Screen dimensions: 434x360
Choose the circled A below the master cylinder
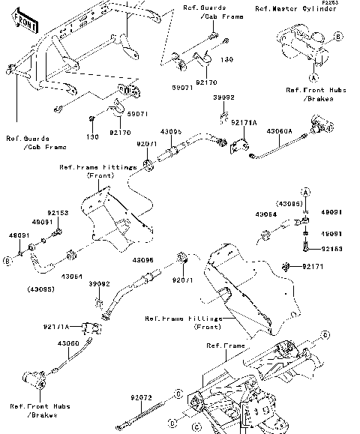[x=313, y=76]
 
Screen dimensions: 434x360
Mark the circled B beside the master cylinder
[x=338, y=35]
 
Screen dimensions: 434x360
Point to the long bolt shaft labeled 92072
[x=149, y=409]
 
